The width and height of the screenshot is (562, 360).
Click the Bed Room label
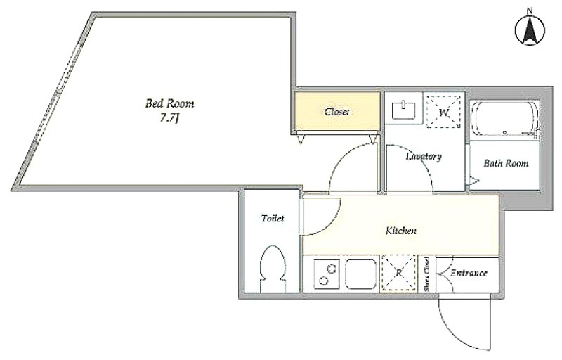(169, 103)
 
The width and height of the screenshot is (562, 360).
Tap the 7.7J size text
(169, 118)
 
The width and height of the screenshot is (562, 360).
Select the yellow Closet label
(337, 112)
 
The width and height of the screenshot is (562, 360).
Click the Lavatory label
(424, 156)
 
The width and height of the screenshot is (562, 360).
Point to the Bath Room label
(506, 164)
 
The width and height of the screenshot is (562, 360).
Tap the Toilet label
(273, 218)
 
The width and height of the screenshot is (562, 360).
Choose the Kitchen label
(401, 230)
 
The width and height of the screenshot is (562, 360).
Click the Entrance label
(469, 273)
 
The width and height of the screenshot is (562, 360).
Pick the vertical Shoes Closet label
(427, 274)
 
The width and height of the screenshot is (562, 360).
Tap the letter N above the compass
(530, 11)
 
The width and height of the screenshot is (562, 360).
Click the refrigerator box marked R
(398, 273)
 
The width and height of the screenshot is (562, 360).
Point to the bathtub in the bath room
(505, 119)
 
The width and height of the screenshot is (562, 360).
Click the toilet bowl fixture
(273, 269)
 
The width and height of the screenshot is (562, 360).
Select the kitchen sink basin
(361, 274)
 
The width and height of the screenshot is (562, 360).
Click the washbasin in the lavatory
(404, 110)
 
